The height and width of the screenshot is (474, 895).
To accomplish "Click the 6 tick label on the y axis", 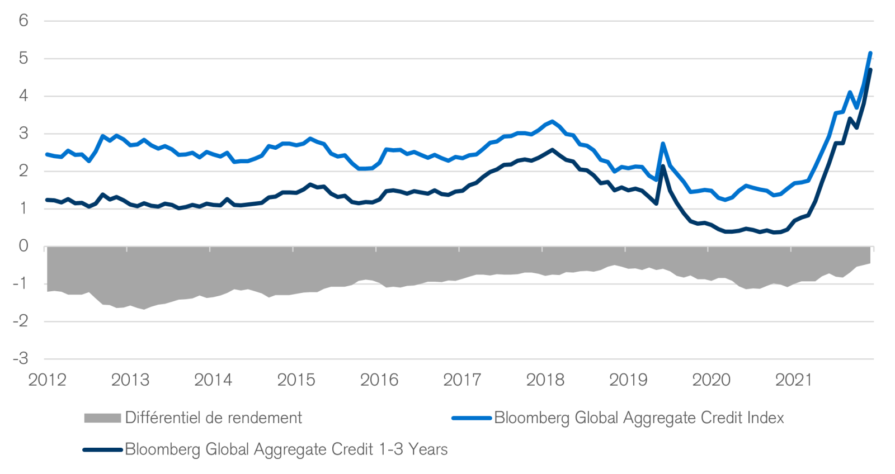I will [x=23, y=21].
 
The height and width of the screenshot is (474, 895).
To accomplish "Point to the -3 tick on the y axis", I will [x=21, y=359].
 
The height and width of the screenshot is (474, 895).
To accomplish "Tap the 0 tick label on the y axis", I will [x=23, y=246].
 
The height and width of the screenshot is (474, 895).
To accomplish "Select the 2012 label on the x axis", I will [x=47, y=380].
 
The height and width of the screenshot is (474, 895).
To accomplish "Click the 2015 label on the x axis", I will [x=296, y=380].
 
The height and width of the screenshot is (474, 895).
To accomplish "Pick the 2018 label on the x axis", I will [x=545, y=380].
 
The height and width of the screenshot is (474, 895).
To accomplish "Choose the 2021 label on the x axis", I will [x=794, y=380].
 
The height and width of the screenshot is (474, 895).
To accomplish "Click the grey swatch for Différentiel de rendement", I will [x=102, y=418].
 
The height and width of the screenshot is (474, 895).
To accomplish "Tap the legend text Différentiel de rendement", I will [x=213, y=418].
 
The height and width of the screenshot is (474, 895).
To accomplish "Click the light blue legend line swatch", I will [x=472, y=418].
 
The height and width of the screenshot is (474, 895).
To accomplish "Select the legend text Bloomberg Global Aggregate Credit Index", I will [x=639, y=418].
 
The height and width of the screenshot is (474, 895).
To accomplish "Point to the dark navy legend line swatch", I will [x=102, y=449].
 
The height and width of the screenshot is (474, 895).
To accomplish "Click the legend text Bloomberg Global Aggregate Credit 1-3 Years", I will [x=286, y=449].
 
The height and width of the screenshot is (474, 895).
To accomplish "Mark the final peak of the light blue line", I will [x=870, y=53].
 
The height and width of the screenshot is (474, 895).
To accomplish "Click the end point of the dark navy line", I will [x=871, y=70].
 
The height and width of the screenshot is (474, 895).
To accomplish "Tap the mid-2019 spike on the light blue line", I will [x=663, y=144].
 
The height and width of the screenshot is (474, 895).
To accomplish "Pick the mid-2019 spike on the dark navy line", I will [x=663, y=166].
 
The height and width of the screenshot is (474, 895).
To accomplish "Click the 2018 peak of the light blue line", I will [x=553, y=121].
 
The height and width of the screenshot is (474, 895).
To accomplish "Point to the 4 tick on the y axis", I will [x=23, y=96].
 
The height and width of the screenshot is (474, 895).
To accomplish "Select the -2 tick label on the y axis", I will [x=21, y=321].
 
